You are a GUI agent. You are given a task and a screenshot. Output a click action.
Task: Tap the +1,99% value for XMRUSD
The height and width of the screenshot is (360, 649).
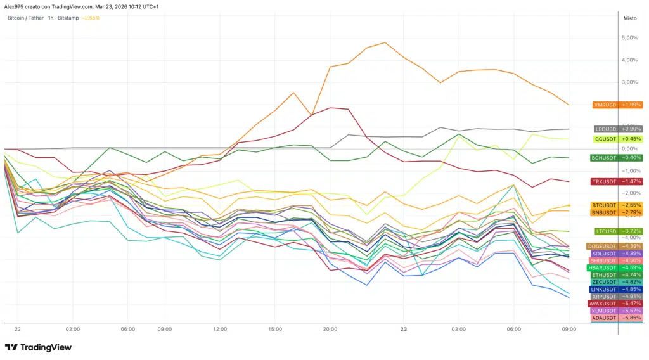click(631, 105)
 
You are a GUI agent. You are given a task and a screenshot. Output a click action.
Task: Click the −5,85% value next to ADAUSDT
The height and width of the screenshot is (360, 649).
click(631, 318)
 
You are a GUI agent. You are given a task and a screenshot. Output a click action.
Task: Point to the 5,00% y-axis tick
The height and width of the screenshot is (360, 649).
click(629, 38)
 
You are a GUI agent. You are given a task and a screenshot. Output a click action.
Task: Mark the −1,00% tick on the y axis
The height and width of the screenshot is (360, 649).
click(629, 171)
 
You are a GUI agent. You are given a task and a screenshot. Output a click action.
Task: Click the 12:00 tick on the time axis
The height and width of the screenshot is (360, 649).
click(219, 330)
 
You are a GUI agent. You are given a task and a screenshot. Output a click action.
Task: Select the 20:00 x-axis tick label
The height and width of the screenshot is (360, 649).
click(330, 330)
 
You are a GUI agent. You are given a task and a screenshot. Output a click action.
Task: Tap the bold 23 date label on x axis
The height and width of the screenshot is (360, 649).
click(403, 330)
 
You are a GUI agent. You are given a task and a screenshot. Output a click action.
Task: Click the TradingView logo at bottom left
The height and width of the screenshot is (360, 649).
click(38, 347)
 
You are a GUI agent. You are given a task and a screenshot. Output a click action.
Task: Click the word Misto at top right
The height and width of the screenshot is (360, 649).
click(630, 18)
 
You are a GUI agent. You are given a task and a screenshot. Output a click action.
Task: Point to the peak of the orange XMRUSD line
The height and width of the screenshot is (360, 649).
click(385, 42)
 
